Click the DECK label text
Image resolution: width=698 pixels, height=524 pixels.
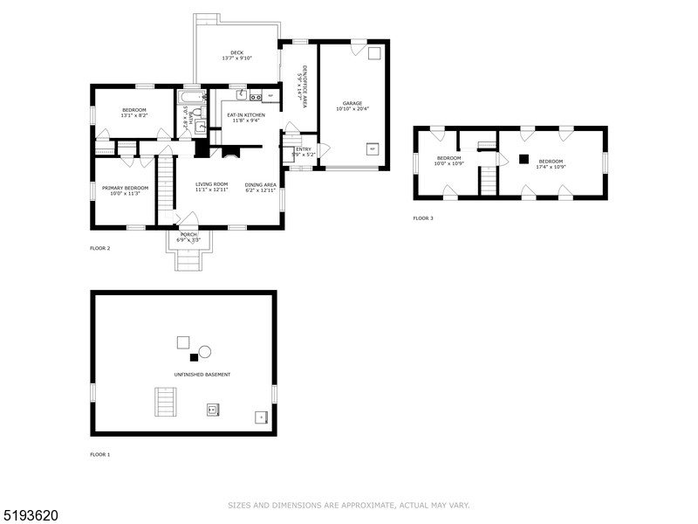[236, 52]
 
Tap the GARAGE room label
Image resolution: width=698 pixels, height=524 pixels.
[352, 104]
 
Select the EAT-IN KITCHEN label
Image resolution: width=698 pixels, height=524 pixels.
[246, 114]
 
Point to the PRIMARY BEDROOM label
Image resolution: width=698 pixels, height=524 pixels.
[125, 188]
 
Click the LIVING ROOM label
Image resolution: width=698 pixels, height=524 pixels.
[211, 184]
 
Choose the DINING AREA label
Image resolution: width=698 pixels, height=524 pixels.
[260, 184]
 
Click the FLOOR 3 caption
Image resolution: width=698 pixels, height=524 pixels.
[423, 218]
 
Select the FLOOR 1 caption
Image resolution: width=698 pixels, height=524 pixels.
[100, 454]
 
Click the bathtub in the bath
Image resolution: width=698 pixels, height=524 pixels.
[192, 97]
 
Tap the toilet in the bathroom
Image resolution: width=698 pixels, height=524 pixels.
[197, 113]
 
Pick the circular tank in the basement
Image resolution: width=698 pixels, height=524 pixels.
[205, 351]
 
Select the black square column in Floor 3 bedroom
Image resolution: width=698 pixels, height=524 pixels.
[523, 158]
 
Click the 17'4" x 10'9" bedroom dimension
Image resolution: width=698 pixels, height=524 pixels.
[551, 167]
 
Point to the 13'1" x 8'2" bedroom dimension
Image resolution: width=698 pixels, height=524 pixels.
[134, 115]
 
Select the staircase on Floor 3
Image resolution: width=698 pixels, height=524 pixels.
[489, 181]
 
